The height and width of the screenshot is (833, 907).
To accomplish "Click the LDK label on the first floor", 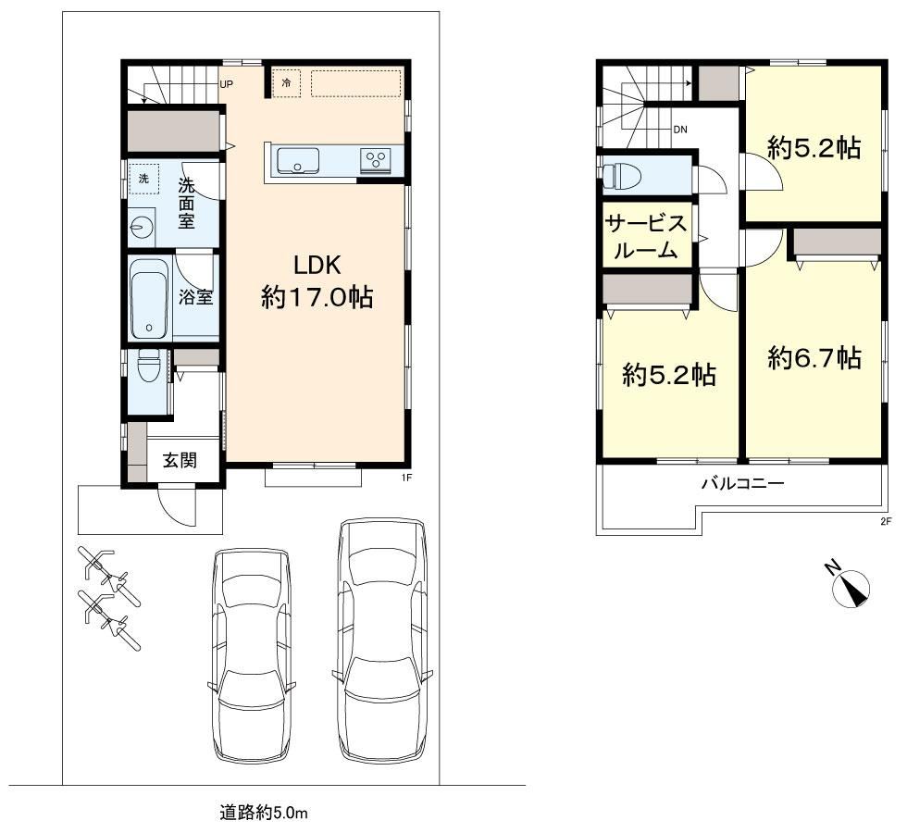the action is pyautogui.click(x=317, y=266).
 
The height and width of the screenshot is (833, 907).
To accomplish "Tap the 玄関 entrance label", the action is pyautogui.click(x=180, y=461).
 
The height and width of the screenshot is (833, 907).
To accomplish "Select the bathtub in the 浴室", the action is pyautogui.click(x=149, y=299).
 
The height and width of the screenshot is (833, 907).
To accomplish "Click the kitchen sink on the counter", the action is pyautogui.click(x=297, y=160).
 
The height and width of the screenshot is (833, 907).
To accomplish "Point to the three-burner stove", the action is pyautogui.click(x=376, y=159).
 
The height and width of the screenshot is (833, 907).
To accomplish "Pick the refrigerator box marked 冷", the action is pyautogui.click(x=286, y=82).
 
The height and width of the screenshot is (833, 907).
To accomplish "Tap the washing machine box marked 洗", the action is pyautogui.click(x=143, y=179).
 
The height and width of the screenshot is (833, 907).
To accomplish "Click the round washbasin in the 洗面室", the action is pyautogui.click(x=141, y=227).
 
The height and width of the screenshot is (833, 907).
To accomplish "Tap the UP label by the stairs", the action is pyautogui.click(x=226, y=84).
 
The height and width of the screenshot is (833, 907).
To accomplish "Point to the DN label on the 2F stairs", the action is pyautogui.click(x=680, y=130).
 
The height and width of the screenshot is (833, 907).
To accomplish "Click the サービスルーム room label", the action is pyautogui.click(x=646, y=236).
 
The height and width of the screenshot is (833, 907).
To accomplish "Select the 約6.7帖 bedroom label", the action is pyautogui.click(x=814, y=358).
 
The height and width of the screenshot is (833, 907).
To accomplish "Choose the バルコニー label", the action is pyautogui.click(x=743, y=483).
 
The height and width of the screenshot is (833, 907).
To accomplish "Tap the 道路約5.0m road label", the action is pyautogui.click(x=263, y=813).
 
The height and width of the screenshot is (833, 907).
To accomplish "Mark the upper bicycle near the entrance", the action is pyautogui.click(x=110, y=576).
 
